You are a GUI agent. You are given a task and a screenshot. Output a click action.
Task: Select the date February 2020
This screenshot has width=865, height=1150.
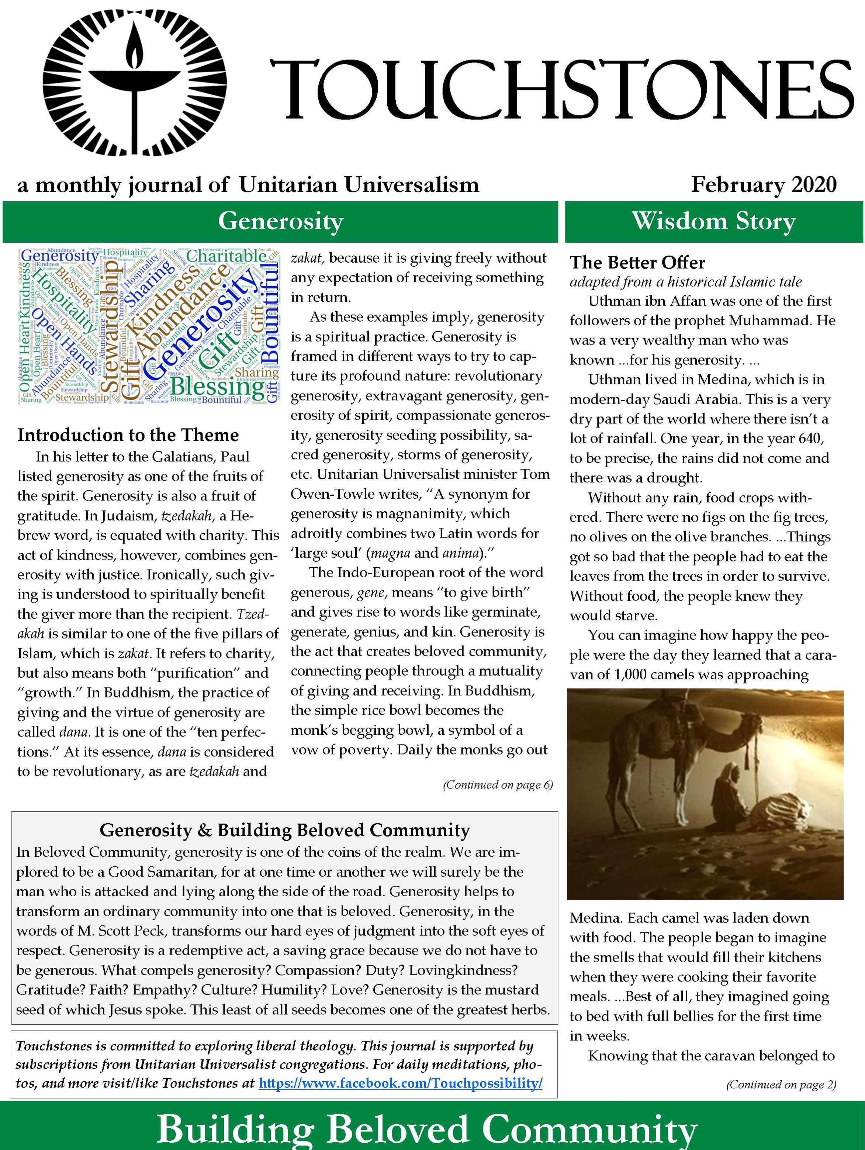tap(764, 184)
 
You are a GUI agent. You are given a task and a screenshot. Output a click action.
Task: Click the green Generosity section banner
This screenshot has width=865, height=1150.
tap(280, 221)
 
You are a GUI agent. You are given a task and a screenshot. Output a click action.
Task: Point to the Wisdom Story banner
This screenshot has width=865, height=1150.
tap(714, 221)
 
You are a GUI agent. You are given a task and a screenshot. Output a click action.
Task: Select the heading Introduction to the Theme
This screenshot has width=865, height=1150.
tap(128, 434)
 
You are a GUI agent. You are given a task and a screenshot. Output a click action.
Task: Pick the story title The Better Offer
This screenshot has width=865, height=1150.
tap(637, 263)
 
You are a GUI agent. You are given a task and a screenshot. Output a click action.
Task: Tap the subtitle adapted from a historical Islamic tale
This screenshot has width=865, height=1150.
tap(685, 282)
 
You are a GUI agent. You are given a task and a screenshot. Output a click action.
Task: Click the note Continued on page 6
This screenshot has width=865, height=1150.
tap(498, 784)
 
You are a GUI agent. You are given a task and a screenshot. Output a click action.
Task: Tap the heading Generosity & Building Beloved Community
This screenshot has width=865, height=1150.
tap(284, 830)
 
